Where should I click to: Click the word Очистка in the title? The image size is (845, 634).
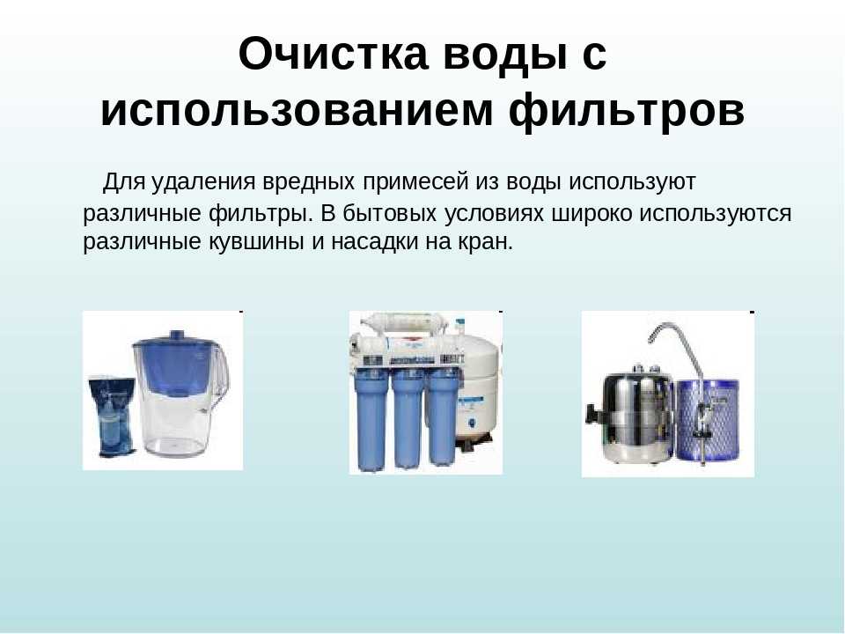[x=333, y=55]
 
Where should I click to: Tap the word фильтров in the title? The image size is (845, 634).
[x=627, y=111]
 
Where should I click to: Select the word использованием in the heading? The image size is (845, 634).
[x=297, y=111]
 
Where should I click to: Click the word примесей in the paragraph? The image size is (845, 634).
[x=415, y=182]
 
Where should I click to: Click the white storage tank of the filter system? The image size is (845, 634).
[x=479, y=385]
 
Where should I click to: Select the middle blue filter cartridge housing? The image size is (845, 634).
[x=408, y=419]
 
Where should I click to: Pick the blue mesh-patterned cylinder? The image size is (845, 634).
[x=708, y=420]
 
